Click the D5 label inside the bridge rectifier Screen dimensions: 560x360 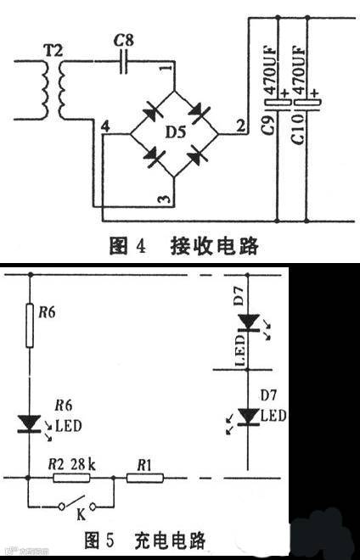click(173, 132)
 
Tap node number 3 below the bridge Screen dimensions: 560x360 click(166, 199)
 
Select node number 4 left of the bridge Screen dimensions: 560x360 click(104, 126)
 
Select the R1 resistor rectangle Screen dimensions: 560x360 click(145, 479)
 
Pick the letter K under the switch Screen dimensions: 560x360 click(82, 513)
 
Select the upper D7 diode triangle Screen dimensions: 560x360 click(247, 322)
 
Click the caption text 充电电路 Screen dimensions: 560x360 click(169, 539)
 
